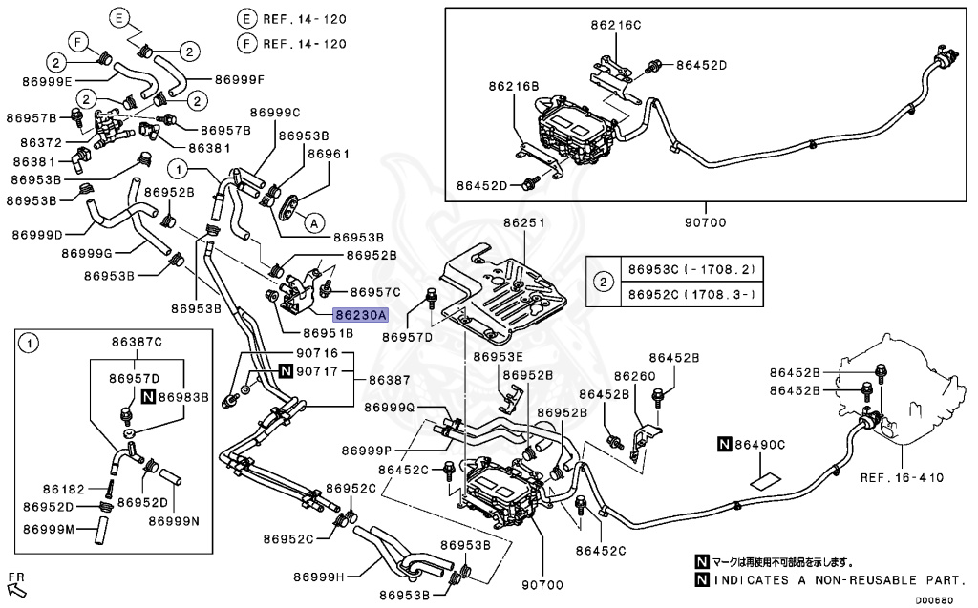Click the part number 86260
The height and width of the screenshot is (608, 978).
pyautogui.click(x=634, y=376)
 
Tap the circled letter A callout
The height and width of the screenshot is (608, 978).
pyautogui.click(x=311, y=222)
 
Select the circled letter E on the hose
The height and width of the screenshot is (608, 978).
pyautogui.click(x=118, y=18)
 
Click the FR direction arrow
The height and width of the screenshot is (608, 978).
pyautogui.click(x=16, y=581)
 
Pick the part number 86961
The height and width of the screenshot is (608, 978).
pyautogui.click(x=328, y=153)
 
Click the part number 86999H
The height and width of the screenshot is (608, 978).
pyautogui.click(x=319, y=577)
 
